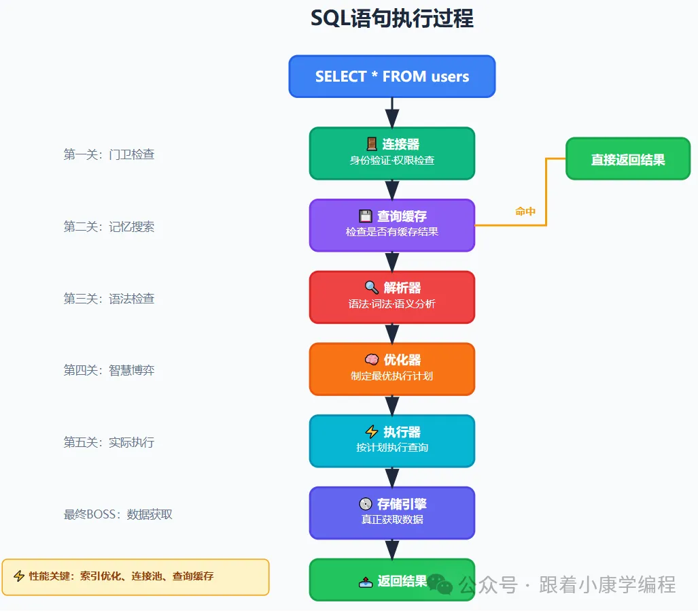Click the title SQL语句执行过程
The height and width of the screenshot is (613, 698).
pos(392,18)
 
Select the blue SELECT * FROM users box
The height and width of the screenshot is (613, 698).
pos(392,76)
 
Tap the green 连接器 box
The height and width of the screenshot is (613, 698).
pos(392,153)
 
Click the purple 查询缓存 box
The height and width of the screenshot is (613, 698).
pos(392,225)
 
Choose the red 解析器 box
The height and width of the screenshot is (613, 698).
pos(392,297)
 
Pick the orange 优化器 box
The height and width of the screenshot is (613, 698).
pos(392,369)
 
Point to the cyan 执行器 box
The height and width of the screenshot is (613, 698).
pos(392,440)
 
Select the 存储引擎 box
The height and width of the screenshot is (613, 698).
pos(392,512)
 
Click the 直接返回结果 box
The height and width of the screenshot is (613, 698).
pos(627,159)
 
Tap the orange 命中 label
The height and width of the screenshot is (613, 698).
pos(525,212)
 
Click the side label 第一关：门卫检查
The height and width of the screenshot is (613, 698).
pos(109,154)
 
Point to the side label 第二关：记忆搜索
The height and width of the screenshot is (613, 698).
pos(109,227)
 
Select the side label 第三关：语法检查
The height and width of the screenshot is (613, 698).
pos(109,299)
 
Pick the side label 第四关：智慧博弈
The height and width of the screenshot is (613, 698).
pos(109,370)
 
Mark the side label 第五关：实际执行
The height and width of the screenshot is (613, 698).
pos(109,442)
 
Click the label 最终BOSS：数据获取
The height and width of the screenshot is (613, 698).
pos(118,514)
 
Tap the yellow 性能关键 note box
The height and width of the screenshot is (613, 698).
pos(136,576)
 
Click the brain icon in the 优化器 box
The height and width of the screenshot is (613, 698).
pos(371,360)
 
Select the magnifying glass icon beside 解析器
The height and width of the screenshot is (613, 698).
pos(371,288)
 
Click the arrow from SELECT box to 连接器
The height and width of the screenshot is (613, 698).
pos(392,113)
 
